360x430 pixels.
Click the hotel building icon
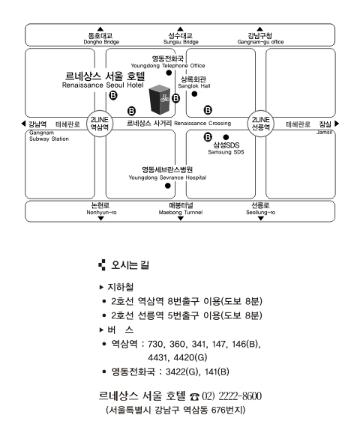(x=160, y=100)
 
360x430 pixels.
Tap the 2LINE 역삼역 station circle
(x=100, y=124)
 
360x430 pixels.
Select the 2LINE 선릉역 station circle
(x=261, y=124)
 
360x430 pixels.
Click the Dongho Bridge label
(x=101, y=42)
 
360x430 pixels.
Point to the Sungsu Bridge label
(x=181, y=42)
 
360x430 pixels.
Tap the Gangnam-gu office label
(x=260, y=42)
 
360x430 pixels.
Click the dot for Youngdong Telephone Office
(x=169, y=73)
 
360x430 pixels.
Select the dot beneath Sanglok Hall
(x=194, y=94)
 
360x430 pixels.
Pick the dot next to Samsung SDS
(x=226, y=137)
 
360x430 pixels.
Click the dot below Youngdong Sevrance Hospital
(x=168, y=186)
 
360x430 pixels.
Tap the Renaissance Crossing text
(x=202, y=124)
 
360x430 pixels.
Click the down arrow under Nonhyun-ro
(x=100, y=218)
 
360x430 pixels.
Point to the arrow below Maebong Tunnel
(x=181, y=218)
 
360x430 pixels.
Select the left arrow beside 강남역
(x=23, y=124)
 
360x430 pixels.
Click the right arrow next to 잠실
(x=337, y=124)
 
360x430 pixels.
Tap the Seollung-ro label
(x=260, y=213)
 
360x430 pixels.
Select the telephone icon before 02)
(x=195, y=396)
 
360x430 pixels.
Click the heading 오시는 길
(x=130, y=265)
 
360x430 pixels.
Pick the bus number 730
(x=155, y=344)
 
